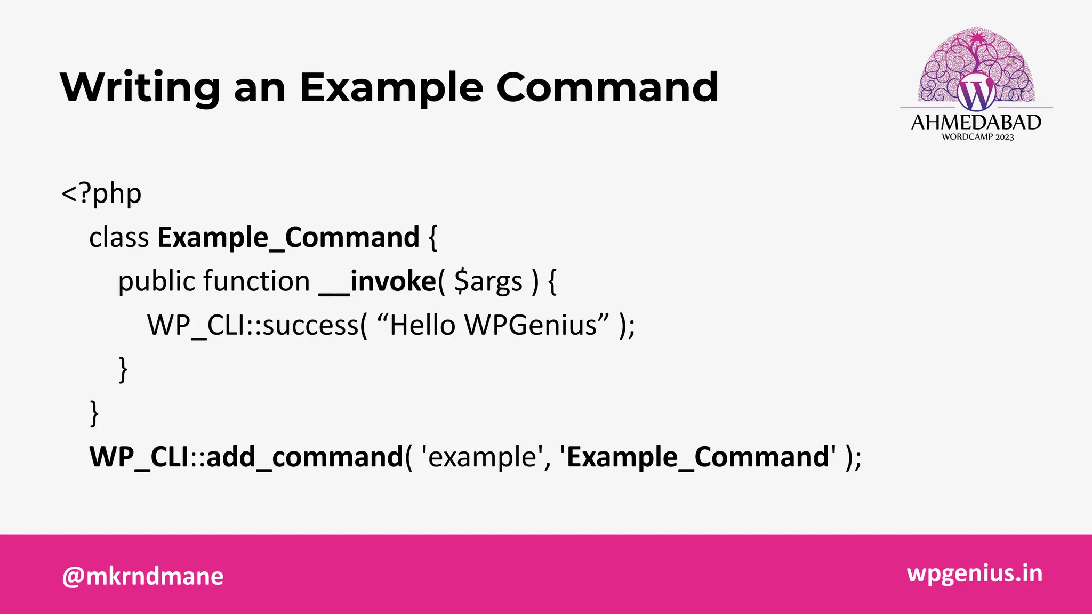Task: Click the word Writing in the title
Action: point(140,88)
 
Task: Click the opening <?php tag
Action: point(101,193)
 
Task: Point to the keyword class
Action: point(119,238)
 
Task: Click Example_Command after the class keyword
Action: point(288,238)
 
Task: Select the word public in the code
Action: point(156,281)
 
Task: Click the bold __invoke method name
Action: point(378,281)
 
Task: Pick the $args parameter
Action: point(488,281)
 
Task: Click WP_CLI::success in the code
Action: point(253,325)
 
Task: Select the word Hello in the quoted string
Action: point(422,325)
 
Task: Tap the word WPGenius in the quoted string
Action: point(531,325)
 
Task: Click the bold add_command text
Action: point(304,457)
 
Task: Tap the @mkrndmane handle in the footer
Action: point(143,576)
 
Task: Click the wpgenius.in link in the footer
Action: point(974,573)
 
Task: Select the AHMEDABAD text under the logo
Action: point(976,123)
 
